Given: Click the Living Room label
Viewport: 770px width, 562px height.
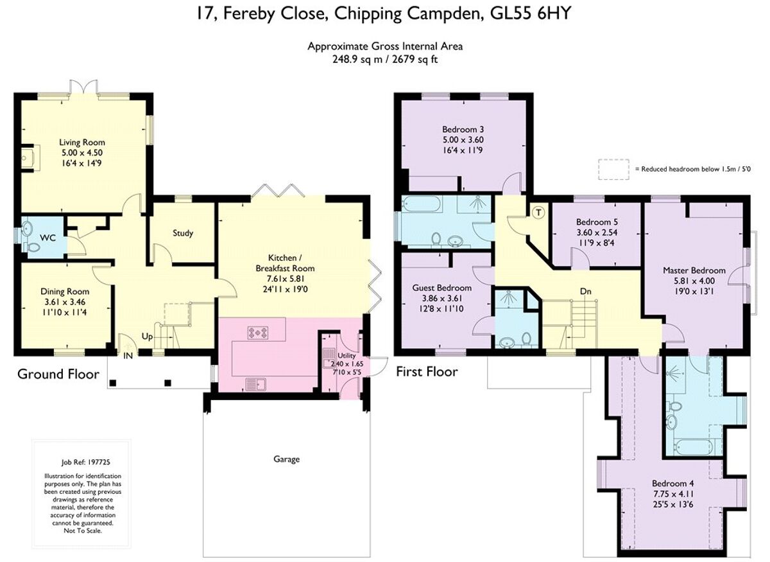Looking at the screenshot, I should click(82, 142).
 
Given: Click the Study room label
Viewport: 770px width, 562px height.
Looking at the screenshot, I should click(182, 233).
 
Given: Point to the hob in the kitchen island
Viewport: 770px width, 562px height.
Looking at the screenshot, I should click(259, 333).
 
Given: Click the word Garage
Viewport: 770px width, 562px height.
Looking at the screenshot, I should click(286, 459).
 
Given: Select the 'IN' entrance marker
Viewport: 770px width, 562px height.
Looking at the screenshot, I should click(129, 355).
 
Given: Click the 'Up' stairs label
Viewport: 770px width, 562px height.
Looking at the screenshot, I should click(147, 337).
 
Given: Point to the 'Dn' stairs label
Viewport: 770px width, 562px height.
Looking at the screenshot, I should click(585, 292).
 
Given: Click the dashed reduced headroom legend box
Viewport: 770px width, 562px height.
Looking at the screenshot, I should click(614, 169).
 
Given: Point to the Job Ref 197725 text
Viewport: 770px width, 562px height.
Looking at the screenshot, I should click(81, 461).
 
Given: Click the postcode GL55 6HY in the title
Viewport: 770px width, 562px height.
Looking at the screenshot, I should click(533, 13).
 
